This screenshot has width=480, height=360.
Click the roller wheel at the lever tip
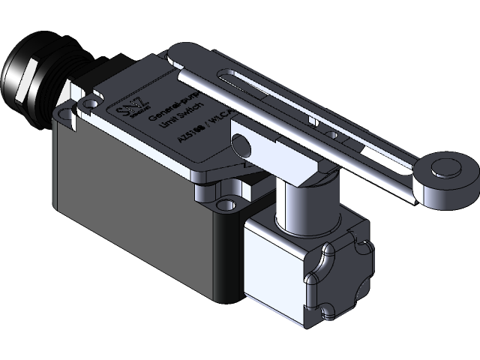coord(447,174)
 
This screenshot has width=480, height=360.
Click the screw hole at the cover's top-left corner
coord(91,100)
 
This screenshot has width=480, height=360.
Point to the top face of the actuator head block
coord(315,225)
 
